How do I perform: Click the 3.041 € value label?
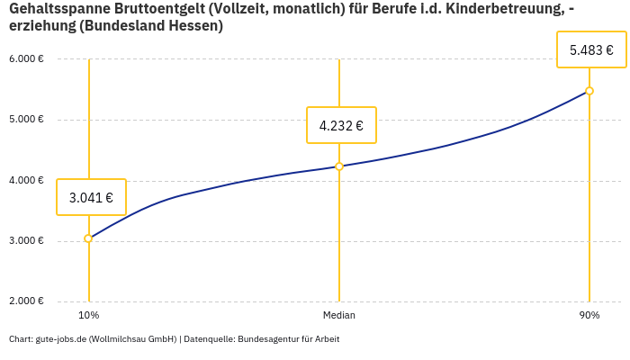click(x=91, y=197)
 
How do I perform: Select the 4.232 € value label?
click(x=341, y=125)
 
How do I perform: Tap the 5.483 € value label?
click(x=591, y=49)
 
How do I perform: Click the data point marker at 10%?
click(x=88, y=238)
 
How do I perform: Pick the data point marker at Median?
click(x=339, y=166)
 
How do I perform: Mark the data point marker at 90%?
click(x=589, y=91)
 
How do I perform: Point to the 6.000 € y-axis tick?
click(x=26, y=59)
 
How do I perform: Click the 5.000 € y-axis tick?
click(x=26, y=120)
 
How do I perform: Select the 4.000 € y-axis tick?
click(x=26, y=180)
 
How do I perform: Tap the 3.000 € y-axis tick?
click(x=26, y=240)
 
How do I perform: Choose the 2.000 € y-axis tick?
click(x=26, y=301)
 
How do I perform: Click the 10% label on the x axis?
click(x=88, y=315)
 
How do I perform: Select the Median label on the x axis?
click(x=339, y=315)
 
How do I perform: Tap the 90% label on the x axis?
click(x=589, y=315)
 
